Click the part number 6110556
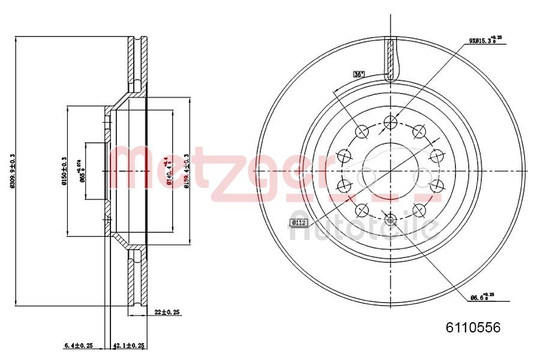(x=472, y=328)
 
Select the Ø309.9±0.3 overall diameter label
(x=13, y=171)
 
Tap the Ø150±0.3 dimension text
(x=64, y=171)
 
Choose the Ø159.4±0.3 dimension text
(x=187, y=171)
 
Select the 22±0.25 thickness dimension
(x=168, y=312)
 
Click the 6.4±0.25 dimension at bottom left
(x=78, y=345)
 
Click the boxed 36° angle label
(x=359, y=74)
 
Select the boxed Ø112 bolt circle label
(x=298, y=223)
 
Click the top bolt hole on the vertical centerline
(x=390, y=123)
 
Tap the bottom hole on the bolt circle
(x=390, y=219)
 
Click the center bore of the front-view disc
(x=390, y=171)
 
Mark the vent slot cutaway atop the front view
(x=390, y=60)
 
